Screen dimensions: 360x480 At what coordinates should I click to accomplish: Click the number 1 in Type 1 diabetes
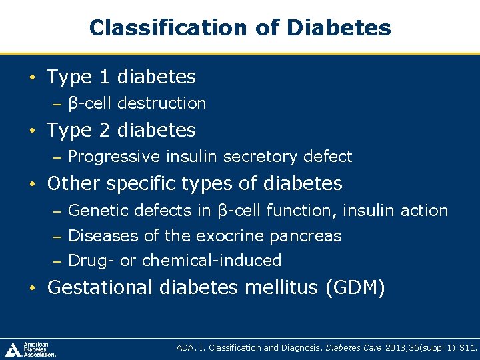[x=105, y=77]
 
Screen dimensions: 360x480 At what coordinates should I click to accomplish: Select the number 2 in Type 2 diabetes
[x=105, y=130]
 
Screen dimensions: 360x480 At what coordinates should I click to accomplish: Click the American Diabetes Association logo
[x=31, y=349]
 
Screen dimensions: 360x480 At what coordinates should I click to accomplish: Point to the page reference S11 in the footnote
[x=468, y=347]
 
